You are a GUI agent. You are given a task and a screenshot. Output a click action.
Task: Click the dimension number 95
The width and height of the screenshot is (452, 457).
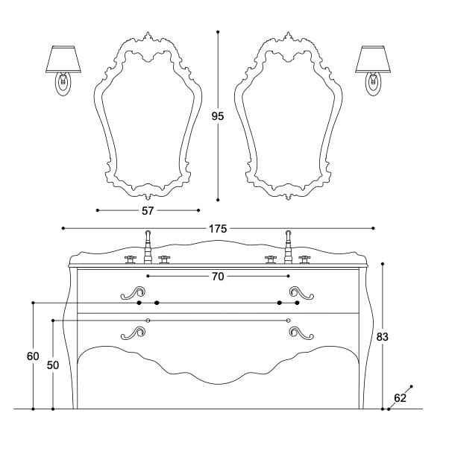coord(218,116)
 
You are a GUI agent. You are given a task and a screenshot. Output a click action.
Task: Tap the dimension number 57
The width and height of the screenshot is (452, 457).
coord(148,210)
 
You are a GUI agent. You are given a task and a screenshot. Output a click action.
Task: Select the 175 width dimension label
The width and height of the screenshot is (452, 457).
coord(218,228)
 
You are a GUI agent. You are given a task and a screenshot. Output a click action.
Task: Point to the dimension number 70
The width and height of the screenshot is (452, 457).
coord(218,276)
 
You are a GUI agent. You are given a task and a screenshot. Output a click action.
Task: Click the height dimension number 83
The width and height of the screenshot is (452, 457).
coord(383,337)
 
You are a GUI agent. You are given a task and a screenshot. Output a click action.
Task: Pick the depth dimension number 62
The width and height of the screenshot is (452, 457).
coord(400,397)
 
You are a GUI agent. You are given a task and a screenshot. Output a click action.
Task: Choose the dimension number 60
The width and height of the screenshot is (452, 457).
coord(33,356)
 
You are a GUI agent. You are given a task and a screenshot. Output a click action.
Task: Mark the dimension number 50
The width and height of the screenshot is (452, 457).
coord(53,366)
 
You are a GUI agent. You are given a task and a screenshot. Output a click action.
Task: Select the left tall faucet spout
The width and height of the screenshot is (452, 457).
coord(148,245)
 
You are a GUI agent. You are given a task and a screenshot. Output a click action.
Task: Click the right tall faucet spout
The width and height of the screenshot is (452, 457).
coord(288,245)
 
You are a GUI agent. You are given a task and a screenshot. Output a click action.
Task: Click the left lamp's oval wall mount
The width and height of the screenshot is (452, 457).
coord(63,84)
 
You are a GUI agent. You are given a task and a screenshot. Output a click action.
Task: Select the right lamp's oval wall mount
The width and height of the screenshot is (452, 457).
coord(374,84)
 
